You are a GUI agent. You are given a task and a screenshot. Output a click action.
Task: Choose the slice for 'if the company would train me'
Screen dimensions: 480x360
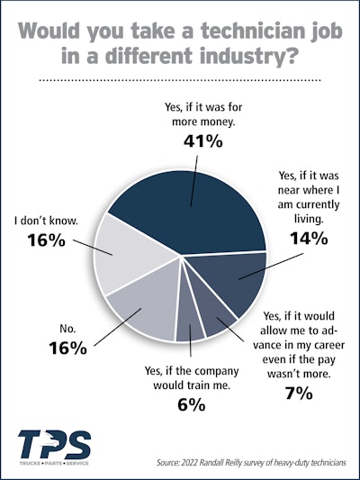[x=185, y=325]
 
